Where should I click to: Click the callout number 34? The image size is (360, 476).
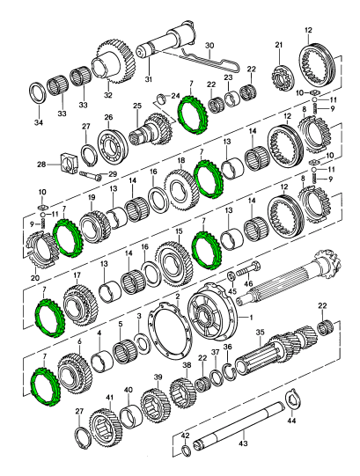[x=38, y=122]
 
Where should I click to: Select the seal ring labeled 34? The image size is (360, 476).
[x=38, y=92]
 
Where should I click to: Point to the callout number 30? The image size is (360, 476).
[x=209, y=46]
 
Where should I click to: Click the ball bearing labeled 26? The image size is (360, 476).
[x=113, y=143]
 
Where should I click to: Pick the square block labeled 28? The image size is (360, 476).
[x=70, y=164]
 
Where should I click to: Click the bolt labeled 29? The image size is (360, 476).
[x=91, y=175]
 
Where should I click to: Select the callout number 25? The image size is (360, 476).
[x=137, y=106]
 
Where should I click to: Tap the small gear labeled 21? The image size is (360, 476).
[x=282, y=78]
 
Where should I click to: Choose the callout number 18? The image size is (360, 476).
[x=181, y=160]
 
